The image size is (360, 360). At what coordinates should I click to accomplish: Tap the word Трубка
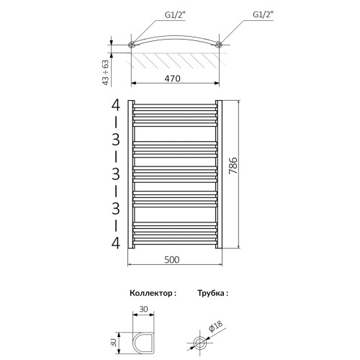coord(212,294)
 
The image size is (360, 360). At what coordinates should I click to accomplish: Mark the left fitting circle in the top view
coord(132,45)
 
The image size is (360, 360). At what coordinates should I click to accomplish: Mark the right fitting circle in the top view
coord(218,45)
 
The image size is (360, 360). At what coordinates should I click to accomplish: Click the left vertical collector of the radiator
coord(130,172)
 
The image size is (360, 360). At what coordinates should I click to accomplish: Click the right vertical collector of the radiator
coord(220,172)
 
